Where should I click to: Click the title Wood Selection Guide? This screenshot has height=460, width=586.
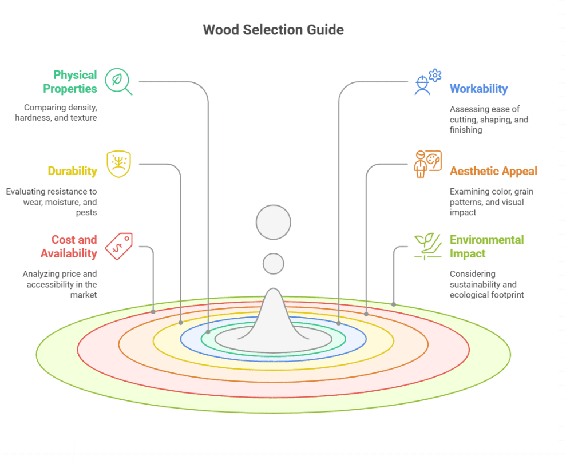(x=274, y=30)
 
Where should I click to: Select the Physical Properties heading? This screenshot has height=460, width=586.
(x=74, y=82)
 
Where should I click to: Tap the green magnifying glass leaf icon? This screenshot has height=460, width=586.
(x=118, y=81)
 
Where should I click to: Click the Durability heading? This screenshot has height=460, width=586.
(x=72, y=171)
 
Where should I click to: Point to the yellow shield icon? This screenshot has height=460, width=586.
(x=118, y=164)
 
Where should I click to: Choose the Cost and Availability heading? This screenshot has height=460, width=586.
(x=69, y=247)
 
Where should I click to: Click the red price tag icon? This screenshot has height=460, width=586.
(x=119, y=246)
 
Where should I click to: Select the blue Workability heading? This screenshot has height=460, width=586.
(x=478, y=89)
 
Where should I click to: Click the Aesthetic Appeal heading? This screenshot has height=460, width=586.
(x=493, y=171)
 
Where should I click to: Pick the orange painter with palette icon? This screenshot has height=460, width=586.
(x=427, y=164)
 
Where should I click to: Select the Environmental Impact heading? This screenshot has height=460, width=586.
(x=486, y=247)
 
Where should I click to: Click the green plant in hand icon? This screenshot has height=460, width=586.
(x=427, y=247)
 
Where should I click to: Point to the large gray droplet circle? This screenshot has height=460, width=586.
(x=274, y=222)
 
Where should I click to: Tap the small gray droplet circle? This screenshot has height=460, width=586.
(x=274, y=264)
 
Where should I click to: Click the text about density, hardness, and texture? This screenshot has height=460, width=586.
(x=60, y=113)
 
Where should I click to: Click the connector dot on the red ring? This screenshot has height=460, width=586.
(x=153, y=312)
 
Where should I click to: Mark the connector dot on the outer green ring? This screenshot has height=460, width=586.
(x=394, y=304)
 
